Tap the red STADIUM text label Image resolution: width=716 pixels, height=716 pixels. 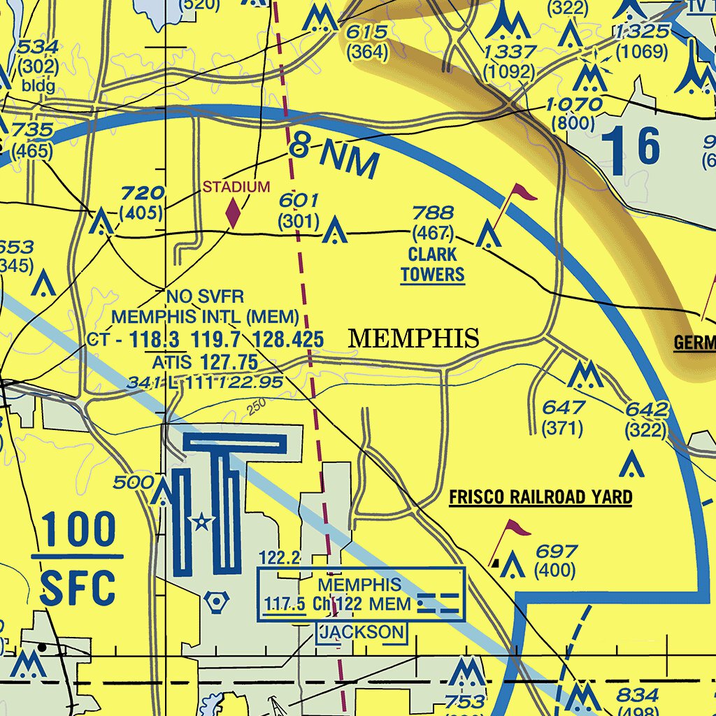point(236,187)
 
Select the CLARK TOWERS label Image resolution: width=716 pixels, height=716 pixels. point(433,264)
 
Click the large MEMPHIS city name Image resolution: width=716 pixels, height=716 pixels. point(413,339)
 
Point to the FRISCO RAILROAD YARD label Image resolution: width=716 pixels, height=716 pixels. point(540,498)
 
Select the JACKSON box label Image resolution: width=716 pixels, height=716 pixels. point(361,633)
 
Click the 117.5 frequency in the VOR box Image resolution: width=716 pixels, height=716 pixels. point(284,603)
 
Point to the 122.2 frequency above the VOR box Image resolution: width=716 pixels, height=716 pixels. point(279,557)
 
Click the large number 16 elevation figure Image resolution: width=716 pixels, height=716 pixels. point(630,147)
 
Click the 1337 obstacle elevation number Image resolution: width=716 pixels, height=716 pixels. point(509,52)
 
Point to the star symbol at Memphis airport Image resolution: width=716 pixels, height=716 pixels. point(201,521)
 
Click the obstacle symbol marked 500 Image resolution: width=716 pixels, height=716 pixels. point(164,492)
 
